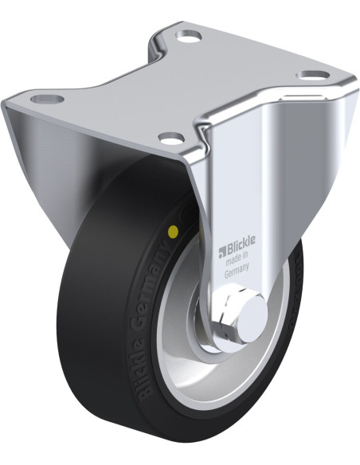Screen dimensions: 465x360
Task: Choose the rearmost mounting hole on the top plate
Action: [189, 36]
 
